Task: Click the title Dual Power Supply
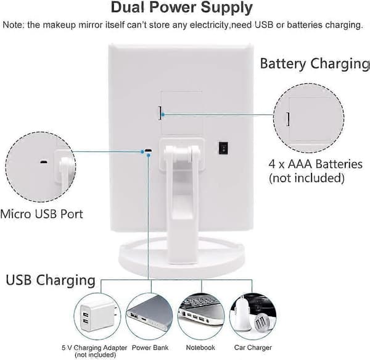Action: [x=182, y=7]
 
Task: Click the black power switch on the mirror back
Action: [x=223, y=148]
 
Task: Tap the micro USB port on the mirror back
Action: [x=148, y=150]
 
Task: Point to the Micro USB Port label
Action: [x=41, y=214]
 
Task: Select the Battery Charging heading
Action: [x=314, y=64]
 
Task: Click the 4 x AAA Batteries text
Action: [x=315, y=164]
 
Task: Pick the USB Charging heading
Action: [x=51, y=280]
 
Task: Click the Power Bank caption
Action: [x=150, y=348]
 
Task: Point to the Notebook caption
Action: [x=200, y=348]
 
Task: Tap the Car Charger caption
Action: [x=253, y=348]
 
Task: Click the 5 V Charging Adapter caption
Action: [x=94, y=348]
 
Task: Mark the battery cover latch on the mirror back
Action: [x=160, y=113]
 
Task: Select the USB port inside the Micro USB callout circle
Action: [x=44, y=162]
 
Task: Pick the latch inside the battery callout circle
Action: [x=288, y=119]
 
